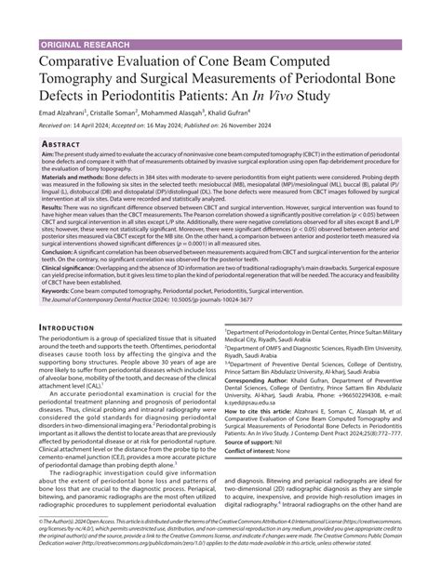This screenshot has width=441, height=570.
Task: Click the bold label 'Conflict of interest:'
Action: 254,502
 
